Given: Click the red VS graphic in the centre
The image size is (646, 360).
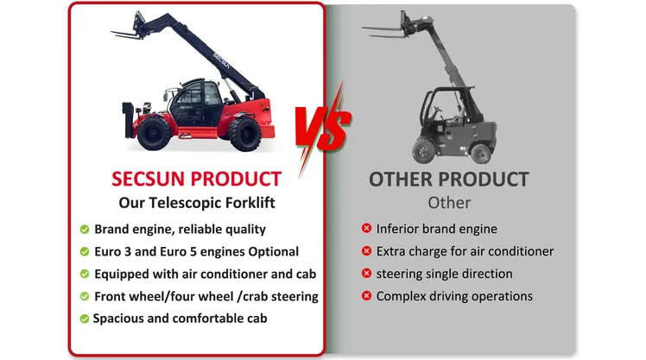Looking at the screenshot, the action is point(323,128).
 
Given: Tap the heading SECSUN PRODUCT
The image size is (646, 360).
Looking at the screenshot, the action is point(197,180).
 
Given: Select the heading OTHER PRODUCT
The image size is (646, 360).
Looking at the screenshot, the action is point(448,180).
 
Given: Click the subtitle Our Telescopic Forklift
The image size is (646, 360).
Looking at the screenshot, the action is point(197,203).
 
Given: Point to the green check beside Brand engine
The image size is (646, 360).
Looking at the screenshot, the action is point(85,230).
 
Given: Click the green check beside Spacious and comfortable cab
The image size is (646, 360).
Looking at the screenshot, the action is point(85,319).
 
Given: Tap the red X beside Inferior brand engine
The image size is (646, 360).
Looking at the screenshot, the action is point(366,228).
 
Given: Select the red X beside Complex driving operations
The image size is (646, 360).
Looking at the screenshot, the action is point(366,295).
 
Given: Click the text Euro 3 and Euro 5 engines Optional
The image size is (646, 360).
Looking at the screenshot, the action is point(197,252).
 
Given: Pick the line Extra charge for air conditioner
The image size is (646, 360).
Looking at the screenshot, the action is point(465,251).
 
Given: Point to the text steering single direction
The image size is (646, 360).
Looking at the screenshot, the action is point(444,274).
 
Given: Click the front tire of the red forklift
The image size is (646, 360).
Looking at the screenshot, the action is point(245,133).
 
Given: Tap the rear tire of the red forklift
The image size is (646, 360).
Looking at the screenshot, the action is point(154,133).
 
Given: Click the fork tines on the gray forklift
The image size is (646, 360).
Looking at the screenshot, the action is point(383,32).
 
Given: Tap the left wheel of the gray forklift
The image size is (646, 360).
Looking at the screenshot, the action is point(424,151).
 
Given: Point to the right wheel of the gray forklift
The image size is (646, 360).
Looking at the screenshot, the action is point(480,153).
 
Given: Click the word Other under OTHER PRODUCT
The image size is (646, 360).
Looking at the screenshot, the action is point(449,203).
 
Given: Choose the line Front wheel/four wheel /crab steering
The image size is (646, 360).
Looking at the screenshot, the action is point(206,297).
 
